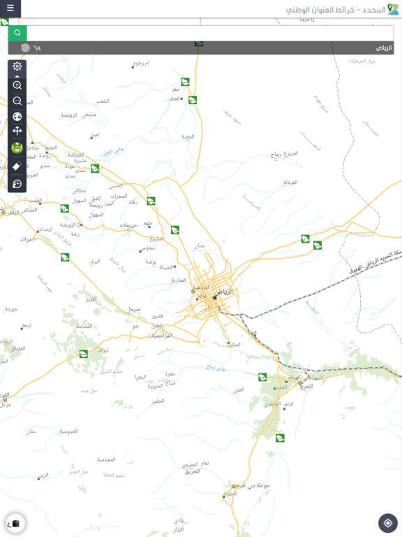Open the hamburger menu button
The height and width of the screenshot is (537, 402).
tap(10, 8)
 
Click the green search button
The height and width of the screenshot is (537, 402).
tap(17, 33)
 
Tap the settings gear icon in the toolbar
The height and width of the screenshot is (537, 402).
tap(17, 67)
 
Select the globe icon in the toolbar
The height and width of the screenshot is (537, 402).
tap(17, 116)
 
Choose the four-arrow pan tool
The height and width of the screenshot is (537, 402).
tap(17, 131)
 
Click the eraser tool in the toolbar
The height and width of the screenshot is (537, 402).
tap(17, 166)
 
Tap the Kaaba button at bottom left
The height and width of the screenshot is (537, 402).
tap(15, 522)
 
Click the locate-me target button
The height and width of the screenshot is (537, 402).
tap(387, 522)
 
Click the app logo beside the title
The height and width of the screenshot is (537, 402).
tap(393, 10)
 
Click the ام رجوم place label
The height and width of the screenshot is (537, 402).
tap(142, 63)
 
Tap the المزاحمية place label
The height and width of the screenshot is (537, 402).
tap(162, 336)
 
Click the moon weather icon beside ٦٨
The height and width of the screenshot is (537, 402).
tap(26, 48)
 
